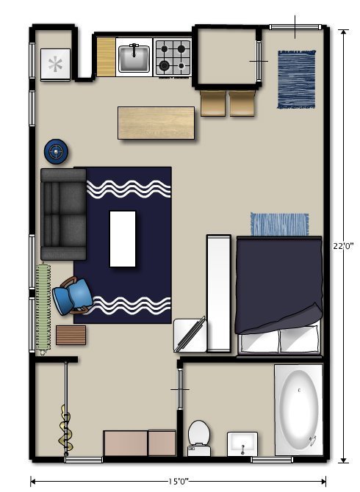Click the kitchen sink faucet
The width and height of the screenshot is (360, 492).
(x=134, y=50)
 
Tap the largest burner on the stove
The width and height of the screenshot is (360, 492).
(x=164, y=65)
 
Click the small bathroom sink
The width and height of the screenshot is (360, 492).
(x=242, y=444)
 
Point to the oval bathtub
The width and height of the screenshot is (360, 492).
(x=299, y=410)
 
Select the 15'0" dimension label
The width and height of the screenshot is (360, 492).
(x=179, y=481)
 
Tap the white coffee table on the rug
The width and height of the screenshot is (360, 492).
(x=123, y=239)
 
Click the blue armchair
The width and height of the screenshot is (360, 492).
(x=73, y=296)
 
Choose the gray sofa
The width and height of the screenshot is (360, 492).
(x=63, y=214)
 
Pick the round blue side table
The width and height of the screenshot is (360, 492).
(x=56, y=151)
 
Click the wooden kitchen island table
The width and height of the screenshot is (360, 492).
(x=156, y=123)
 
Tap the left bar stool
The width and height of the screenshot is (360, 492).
(x=213, y=104)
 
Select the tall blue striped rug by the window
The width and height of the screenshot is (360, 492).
(x=297, y=79)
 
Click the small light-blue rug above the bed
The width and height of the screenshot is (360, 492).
(x=279, y=225)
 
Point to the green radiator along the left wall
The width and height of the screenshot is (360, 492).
(x=43, y=308)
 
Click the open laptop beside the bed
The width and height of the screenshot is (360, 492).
(x=190, y=335)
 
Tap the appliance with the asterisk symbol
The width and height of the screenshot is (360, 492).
(x=55, y=65)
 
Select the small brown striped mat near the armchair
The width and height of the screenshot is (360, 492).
(x=71, y=335)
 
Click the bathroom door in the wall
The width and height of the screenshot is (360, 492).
(x=180, y=389)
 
